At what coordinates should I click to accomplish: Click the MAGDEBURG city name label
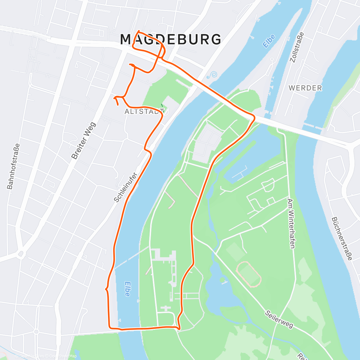click(x=171, y=40)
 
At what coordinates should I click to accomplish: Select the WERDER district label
click(x=305, y=88)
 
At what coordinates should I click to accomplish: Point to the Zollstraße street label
click(x=297, y=47)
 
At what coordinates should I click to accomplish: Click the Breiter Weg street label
click(x=84, y=140)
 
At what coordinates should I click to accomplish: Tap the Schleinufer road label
click(x=125, y=187)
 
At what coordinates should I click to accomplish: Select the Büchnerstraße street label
click(x=342, y=239)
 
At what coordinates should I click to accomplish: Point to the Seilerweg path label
click(x=279, y=319)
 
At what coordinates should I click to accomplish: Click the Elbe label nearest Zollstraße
click(x=269, y=41)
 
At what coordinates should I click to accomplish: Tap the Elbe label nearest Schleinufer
click(x=127, y=289)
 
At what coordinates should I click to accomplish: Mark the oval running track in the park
click(x=249, y=274)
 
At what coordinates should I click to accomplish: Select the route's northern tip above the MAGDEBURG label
click(x=138, y=31)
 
